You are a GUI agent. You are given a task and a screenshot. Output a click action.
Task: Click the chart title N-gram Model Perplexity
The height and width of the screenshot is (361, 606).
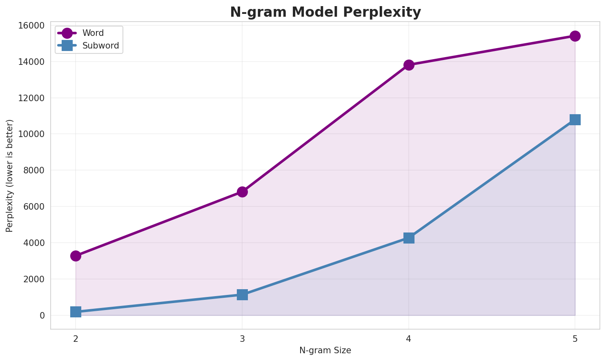pyautogui.click(x=325, y=12)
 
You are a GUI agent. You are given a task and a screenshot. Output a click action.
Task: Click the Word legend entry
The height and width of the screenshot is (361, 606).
pyautogui.click(x=93, y=33)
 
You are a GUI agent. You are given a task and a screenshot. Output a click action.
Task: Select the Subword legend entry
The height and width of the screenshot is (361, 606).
pyautogui.click(x=100, y=46)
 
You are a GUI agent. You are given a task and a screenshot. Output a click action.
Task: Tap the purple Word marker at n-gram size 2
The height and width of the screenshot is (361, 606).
pyautogui.click(x=76, y=256)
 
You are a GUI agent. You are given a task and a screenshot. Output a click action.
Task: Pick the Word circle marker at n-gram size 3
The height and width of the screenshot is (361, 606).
pyautogui.click(x=242, y=192)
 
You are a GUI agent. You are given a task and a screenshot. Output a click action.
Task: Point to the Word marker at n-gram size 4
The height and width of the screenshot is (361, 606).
pyautogui.click(x=409, y=65)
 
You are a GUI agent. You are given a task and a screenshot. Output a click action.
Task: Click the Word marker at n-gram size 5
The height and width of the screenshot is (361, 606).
pyautogui.click(x=575, y=36)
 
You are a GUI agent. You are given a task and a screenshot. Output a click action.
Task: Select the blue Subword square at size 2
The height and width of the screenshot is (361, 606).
pyautogui.click(x=76, y=312)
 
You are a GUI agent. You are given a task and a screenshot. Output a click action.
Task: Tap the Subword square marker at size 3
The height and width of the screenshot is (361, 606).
pyautogui.click(x=242, y=295)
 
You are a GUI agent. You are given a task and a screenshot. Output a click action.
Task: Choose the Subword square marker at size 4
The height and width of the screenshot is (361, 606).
pyautogui.click(x=409, y=238)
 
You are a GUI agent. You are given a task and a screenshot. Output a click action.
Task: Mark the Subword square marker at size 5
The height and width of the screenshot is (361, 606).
pyautogui.click(x=575, y=120)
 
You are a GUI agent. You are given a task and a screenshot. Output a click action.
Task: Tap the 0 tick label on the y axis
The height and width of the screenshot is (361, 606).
pyautogui.click(x=42, y=315)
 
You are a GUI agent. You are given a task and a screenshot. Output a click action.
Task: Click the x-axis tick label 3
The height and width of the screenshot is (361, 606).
pyautogui.click(x=242, y=339)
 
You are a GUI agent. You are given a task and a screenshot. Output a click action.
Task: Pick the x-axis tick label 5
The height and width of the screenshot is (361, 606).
pyautogui.click(x=575, y=339)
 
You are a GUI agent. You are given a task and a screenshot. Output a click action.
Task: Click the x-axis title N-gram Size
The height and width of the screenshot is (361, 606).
pyautogui.click(x=325, y=350)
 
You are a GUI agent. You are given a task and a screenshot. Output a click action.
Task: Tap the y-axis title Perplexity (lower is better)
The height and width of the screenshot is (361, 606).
pyautogui.click(x=10, y=175)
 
